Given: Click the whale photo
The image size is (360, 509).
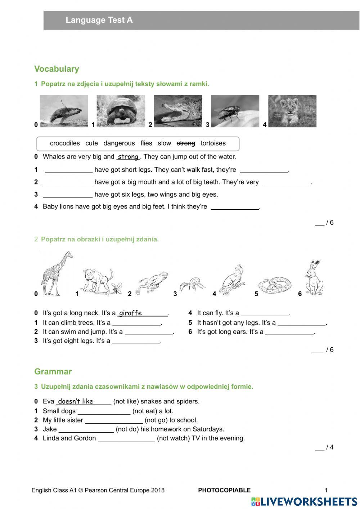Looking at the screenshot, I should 64,111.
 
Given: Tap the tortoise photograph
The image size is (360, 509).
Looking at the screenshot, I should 121,111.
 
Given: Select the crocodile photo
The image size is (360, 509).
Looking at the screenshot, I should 178,111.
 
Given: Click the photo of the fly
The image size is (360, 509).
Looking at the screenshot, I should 235,111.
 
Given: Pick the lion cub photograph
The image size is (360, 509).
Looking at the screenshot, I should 292,111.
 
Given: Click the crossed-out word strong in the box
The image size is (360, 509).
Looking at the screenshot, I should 186,143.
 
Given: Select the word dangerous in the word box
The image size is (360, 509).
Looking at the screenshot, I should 119,143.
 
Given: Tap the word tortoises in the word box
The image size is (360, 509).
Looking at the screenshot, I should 213,143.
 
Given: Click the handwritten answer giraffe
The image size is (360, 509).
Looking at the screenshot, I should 130,313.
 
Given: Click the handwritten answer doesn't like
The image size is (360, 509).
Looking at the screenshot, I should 76,401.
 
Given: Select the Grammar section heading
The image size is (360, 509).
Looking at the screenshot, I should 53,372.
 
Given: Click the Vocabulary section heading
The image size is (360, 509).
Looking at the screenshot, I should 57,69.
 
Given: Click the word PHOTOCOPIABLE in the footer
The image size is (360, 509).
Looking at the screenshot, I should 224,490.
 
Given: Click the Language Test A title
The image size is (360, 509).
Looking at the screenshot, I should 99,20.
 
